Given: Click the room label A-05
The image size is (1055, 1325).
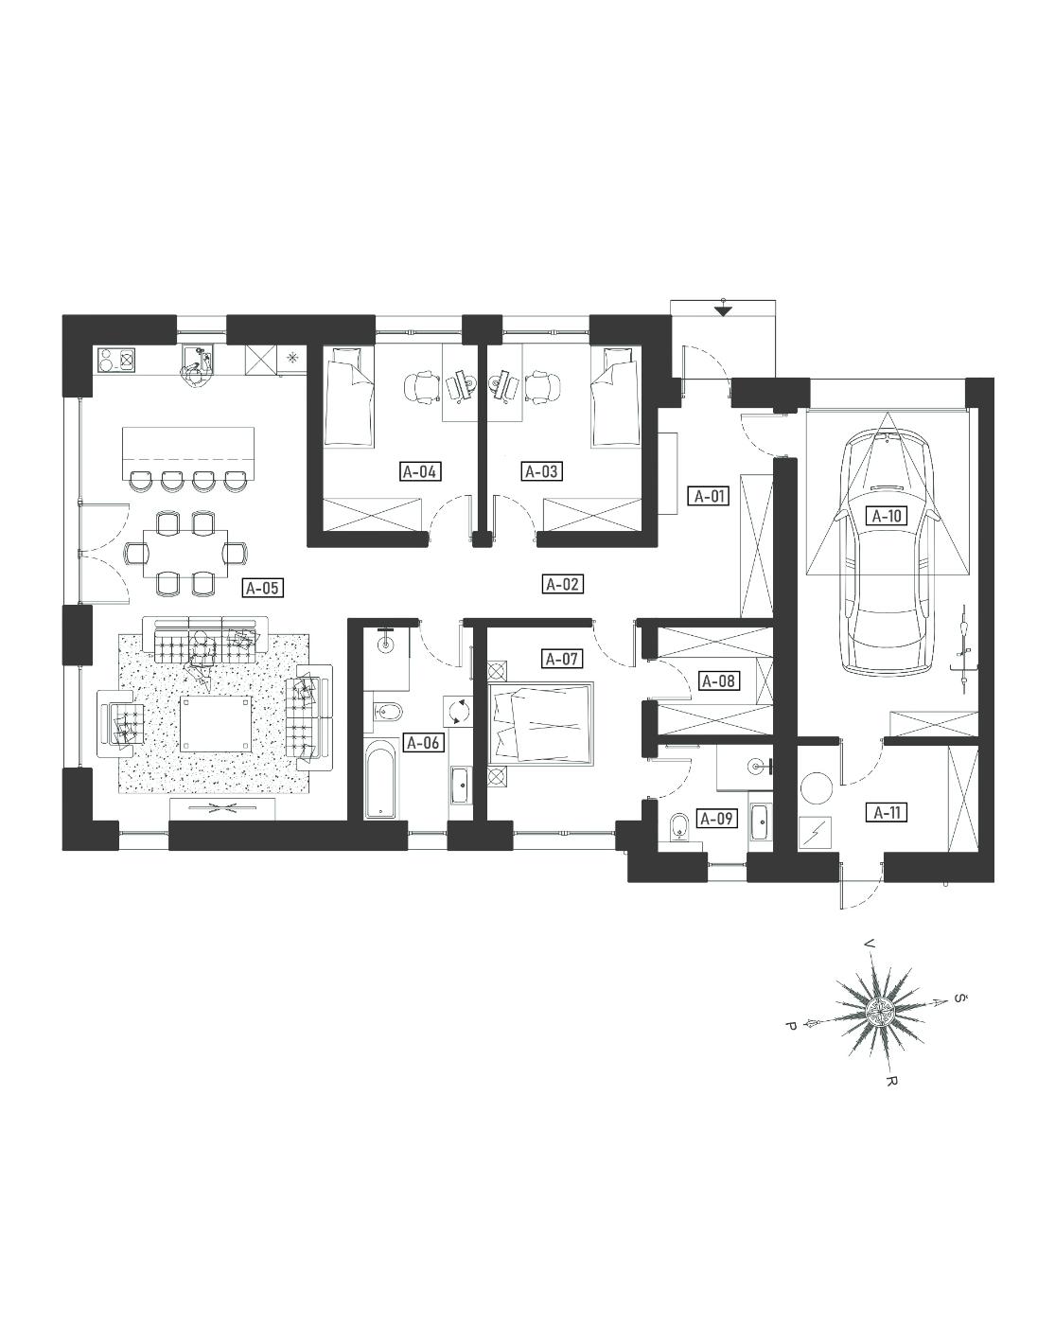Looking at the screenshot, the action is [x=263, y=588].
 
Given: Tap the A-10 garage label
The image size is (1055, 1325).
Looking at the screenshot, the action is [x=887, y=515].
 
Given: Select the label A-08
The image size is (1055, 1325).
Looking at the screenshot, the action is [x=718, y=681].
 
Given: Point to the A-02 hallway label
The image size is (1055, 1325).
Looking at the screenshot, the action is [x=562, y=583].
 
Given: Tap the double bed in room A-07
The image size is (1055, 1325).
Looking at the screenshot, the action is [x=541, y=723].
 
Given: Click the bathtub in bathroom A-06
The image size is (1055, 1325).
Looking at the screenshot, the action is [x=380, y=780].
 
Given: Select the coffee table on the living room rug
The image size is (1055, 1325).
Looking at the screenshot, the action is [x=216, y=723].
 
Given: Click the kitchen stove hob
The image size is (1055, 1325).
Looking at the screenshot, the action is [x=115, y=360].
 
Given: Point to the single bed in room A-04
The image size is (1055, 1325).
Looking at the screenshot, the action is [x=350, y=397].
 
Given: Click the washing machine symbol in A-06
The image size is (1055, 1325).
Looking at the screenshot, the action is [x=457, y=711].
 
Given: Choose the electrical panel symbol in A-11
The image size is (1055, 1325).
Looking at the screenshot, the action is [x=815, y=833].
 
